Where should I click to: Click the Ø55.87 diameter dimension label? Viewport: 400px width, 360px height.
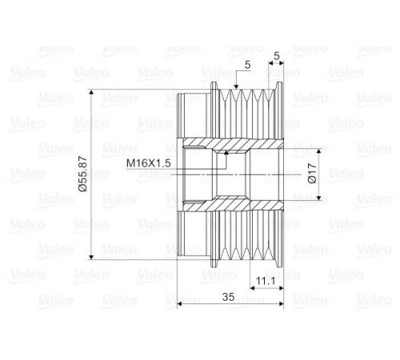[83, 174]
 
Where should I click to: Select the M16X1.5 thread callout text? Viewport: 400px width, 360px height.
[148, 163]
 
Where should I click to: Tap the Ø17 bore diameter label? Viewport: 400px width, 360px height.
[312, 173]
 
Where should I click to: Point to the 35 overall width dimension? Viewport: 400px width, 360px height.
[229, 297]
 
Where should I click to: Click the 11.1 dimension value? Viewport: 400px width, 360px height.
[266, 281]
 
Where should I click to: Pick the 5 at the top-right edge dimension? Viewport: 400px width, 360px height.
[277, 56]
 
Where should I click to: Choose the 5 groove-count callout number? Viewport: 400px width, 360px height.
[248, 65]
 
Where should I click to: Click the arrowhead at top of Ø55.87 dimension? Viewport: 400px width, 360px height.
[91, 92]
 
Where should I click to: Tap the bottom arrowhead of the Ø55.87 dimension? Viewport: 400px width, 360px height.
[91, 257]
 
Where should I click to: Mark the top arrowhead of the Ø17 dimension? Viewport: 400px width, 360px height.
[319, 151]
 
